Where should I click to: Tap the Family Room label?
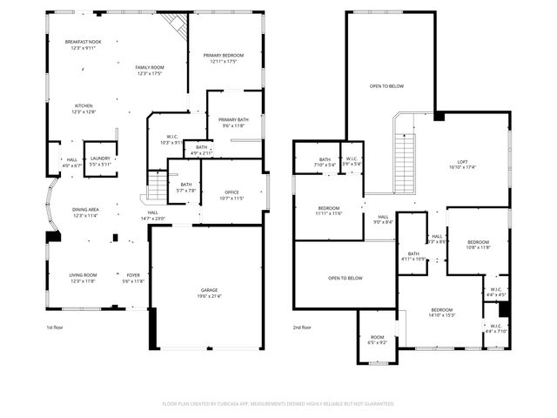tap(150, 70)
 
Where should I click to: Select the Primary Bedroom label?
tap(224, 57)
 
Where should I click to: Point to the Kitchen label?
tap(83, 108)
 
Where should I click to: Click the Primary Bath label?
tap(233, 122)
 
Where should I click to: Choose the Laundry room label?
tap(101, 161)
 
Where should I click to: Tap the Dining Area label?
tap(84, 212)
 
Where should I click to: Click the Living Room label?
tap(83, 277)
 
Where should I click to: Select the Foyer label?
tap(133, 277)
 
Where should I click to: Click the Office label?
tap(232, 195)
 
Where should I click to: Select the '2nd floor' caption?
tap(302, 327)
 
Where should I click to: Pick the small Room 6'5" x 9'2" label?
tap(377, 340)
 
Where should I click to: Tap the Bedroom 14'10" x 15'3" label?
tap(442, 312)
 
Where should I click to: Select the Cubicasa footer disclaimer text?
tap(278, 403)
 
